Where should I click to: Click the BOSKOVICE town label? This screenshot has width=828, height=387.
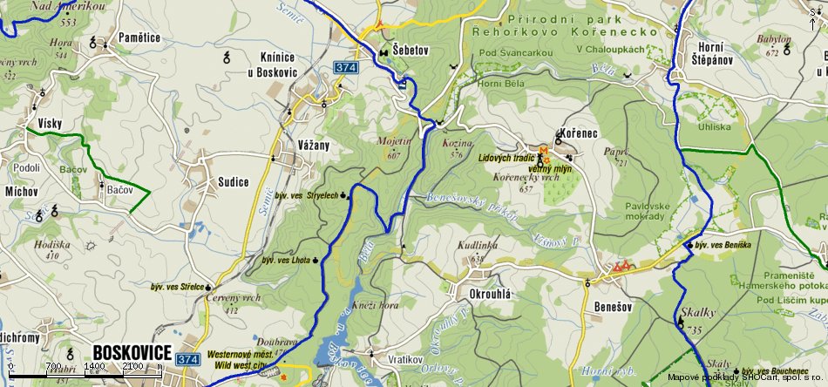click(131, 352)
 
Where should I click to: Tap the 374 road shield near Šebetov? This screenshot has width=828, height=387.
click(346, 66)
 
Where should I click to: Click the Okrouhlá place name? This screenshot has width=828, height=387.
click(489, 294)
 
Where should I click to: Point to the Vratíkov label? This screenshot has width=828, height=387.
click(405, 359)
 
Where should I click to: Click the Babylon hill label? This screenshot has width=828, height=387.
click(774, 40)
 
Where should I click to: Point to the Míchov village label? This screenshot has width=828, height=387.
click(22, 189)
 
